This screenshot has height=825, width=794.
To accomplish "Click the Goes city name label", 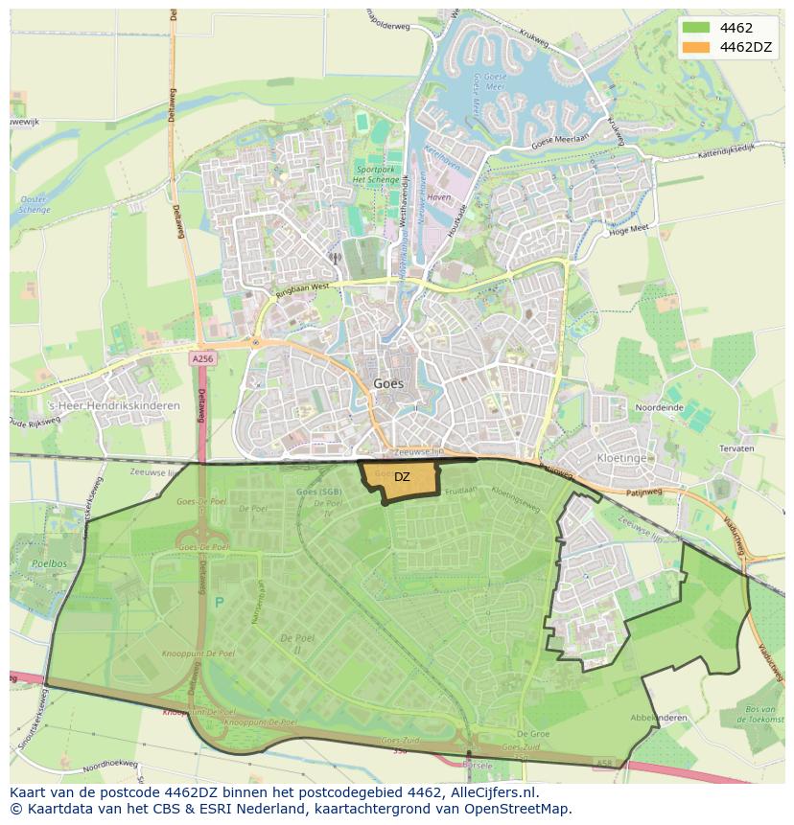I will click(x=388, y=383).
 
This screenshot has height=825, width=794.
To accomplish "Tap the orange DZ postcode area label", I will click(x=402, y=477).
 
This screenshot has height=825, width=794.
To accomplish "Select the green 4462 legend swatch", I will click(x=697, y=28).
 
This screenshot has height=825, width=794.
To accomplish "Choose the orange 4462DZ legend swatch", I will click(x=697, y=47).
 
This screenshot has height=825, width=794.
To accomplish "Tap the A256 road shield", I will click(x=201, y=358).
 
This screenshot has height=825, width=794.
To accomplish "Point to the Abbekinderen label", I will click(x=659, y=717).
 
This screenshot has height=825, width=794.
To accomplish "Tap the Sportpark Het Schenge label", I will click(x=368, y=174).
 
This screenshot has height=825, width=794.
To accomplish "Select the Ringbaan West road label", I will click(x=302, y=286).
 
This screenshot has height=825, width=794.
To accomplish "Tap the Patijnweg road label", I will click(x=643, y=492).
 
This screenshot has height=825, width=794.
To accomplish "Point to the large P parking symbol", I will click(x=220, y=603).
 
